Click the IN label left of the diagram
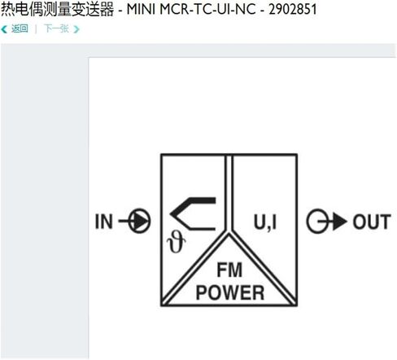(104, 222)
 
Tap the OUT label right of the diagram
(372, 222)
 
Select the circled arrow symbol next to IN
(135, 221)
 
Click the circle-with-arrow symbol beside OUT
(326, 222)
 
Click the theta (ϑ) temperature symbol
(177, 243)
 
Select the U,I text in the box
(265, 222)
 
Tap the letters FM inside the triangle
(229, 270)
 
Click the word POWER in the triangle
(230, 292)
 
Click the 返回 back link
(20, 29)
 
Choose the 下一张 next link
(56, 29)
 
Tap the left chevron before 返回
(4, 29)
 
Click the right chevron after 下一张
(76, 29)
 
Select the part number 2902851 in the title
(293, 9)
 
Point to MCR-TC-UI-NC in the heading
(207, 9)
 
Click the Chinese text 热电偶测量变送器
(57, 9)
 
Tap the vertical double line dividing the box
(229, 193)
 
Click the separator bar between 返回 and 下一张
(36, 29)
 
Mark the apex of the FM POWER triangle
(229, 234)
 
